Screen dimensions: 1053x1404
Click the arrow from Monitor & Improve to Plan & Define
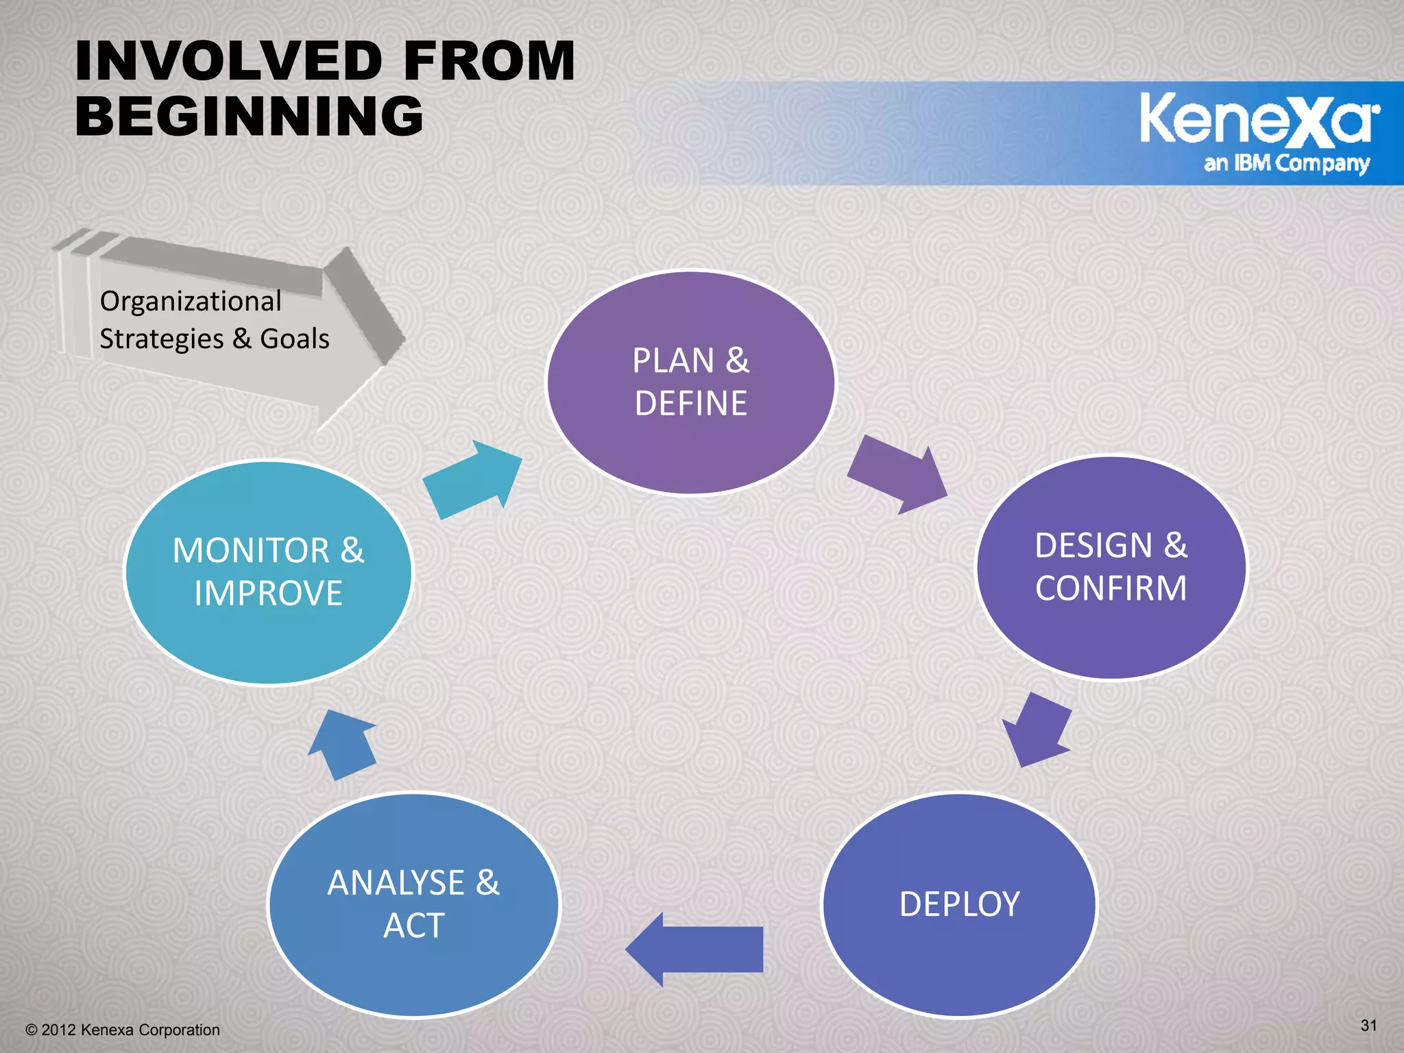coord(473,479)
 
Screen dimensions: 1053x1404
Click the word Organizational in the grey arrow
coord(191,302)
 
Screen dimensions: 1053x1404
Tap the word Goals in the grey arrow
coord(295,339)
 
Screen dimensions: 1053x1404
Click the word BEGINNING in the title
coord(250,115)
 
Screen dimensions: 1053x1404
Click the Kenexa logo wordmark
coord(1259,120)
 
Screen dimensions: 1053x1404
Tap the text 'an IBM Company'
coord(1286,163)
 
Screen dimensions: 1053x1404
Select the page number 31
coord(1368,1026)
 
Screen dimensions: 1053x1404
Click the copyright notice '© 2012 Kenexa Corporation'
coord(123,1030)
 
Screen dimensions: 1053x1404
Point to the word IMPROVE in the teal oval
coord(269,594)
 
